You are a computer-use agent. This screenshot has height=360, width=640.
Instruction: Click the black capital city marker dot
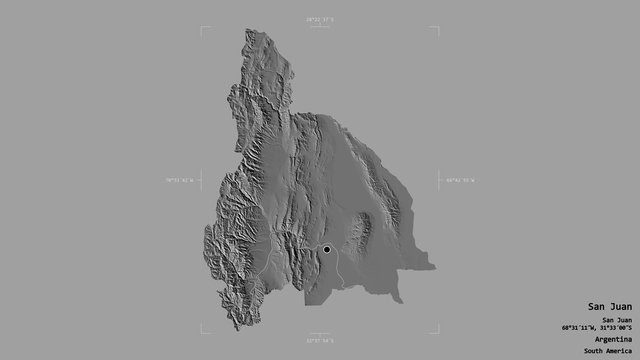coord(326,249)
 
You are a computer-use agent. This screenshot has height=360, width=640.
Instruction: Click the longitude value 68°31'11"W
coord(584,327)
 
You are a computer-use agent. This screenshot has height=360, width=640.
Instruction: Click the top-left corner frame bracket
coord(204,30)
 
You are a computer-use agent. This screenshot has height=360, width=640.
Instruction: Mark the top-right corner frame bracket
coord(436,30)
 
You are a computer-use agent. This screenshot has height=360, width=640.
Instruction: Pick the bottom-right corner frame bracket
coord(436,329)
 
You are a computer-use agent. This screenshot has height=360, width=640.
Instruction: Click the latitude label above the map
coord(320,19)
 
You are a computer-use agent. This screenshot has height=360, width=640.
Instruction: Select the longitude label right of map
coord(459,180)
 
